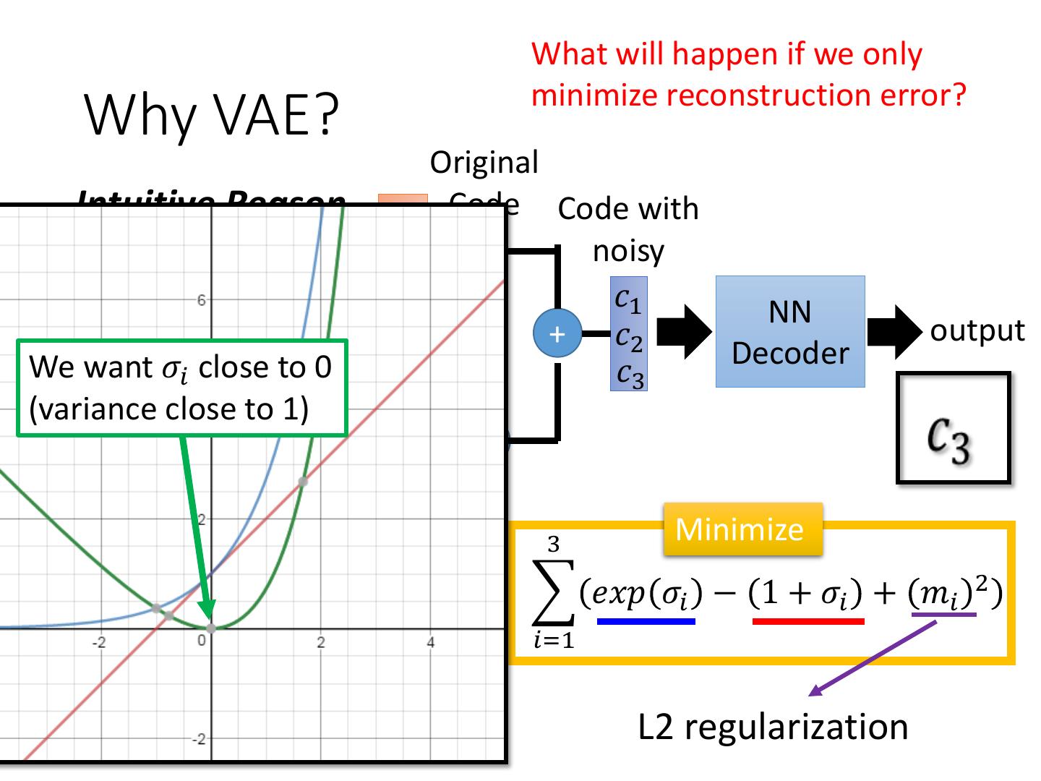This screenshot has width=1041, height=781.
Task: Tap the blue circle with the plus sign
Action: tap(557, 333)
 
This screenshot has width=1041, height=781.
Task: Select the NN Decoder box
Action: tap(789, 332)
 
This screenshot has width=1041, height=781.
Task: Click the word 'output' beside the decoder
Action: tap(977, 330)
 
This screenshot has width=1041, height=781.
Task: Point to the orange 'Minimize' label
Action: tap(739, 529)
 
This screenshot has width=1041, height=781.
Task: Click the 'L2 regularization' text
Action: tap(772, 726)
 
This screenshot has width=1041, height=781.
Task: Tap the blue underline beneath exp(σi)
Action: tap(646, 620)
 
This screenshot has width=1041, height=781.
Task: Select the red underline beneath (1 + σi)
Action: tap(807, 620)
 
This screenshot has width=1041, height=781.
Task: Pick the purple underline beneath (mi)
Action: tap(943, 615)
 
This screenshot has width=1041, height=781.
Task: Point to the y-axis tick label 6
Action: tap(202, 300)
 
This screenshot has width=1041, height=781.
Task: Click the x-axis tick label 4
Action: tap(430, 642)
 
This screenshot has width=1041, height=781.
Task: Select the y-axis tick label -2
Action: tap(199, 739)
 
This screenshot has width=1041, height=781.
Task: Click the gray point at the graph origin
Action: tap(210, 628)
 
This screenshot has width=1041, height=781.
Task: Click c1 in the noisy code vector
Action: tap(627, 299)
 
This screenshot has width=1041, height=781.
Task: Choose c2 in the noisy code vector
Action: tap(628, 337)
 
